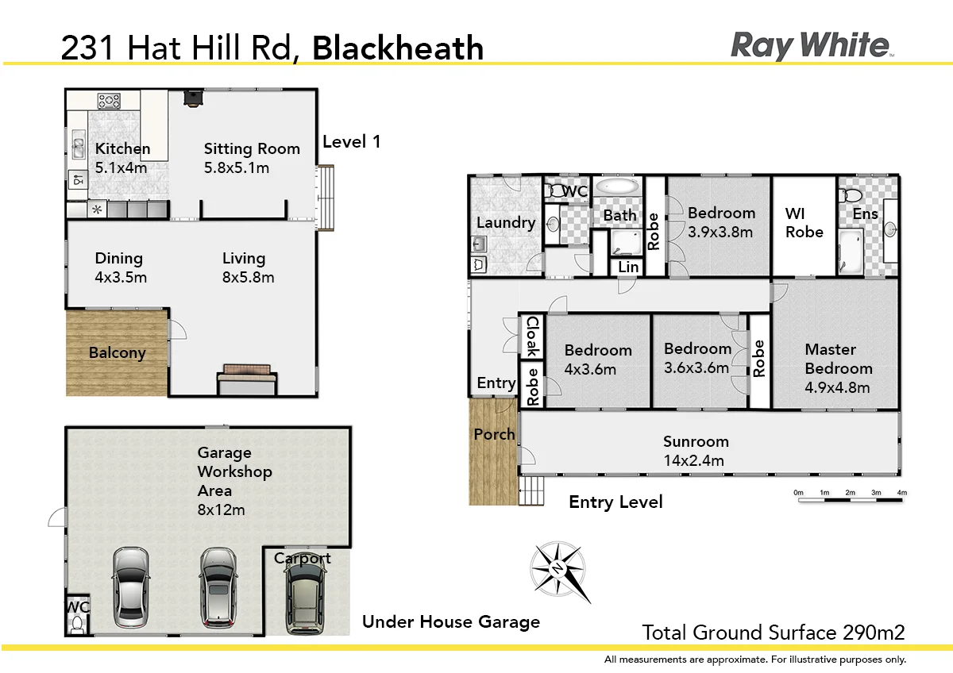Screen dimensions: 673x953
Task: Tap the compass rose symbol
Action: point(559,570)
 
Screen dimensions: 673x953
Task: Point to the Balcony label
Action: point(117,353)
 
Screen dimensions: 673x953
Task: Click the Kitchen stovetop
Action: point(109,101)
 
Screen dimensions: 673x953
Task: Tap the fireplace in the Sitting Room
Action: point(193,97)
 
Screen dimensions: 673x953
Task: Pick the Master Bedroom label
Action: point(838,359)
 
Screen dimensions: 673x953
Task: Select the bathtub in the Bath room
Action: point(617,187)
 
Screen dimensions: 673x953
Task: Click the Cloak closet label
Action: point(532,336)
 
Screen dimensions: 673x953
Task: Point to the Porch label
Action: point(494,434)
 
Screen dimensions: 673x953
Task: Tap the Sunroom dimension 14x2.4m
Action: point(696,460)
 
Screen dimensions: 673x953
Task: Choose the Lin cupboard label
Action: point(628,267)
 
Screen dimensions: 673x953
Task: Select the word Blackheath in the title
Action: point(398,48)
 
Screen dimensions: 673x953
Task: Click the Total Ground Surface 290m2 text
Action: point(773,633)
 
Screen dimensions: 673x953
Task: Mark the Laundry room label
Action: point(505,222)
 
